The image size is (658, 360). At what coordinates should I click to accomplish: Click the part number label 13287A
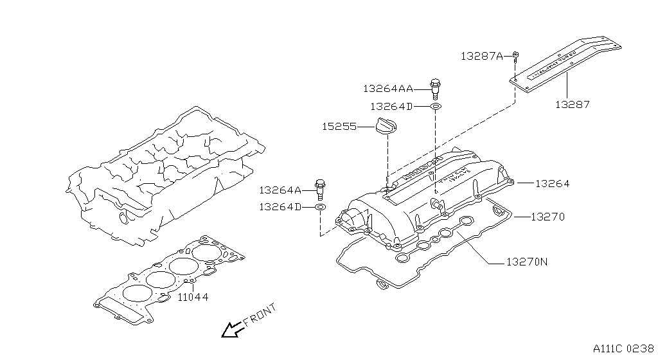pos(482,56)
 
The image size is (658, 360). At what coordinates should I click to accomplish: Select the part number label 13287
pos(573,104)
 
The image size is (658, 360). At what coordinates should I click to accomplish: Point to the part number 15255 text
pos(339,127)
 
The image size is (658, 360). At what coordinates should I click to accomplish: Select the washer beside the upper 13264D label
pos(435,105)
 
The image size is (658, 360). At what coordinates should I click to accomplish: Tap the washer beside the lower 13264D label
pos(321,207)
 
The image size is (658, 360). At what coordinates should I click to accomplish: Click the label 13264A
pos(280,190)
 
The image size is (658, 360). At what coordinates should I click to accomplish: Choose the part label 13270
pos(547,217)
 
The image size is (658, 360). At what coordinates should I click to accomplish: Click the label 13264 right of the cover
pos(552,183)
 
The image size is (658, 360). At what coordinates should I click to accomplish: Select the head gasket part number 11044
pos(193,297)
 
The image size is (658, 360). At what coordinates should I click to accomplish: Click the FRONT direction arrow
pos(231,329)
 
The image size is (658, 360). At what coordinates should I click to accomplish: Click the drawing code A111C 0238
pos(623,348)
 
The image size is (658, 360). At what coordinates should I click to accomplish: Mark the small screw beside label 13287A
pos(515,55)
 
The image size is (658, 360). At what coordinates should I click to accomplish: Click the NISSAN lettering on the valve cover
pos(421,166)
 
